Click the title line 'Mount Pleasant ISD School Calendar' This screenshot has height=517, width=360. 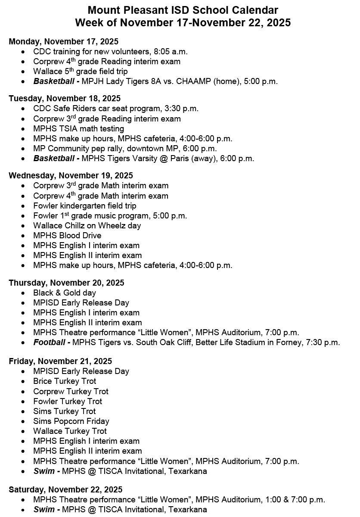click(x=183, y=10)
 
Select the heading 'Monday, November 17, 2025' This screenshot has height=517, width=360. click(x=63, y=41)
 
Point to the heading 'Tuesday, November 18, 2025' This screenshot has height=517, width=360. click(x=65, y=98)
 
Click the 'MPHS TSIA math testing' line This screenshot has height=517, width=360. click(x=78, y=128)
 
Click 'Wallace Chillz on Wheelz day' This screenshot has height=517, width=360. click(x=87, y=225)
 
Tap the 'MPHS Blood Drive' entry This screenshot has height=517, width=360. click(x=67, y=235)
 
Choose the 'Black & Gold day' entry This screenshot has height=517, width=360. click(x=65, y=293)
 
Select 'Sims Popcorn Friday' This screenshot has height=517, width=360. click(x=71, y=421)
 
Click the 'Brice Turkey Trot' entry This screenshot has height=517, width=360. click(x=65, y=381)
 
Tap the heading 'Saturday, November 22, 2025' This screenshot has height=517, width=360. click(x=65, y=489)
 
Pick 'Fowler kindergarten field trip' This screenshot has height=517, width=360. click(x=85, y=206)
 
